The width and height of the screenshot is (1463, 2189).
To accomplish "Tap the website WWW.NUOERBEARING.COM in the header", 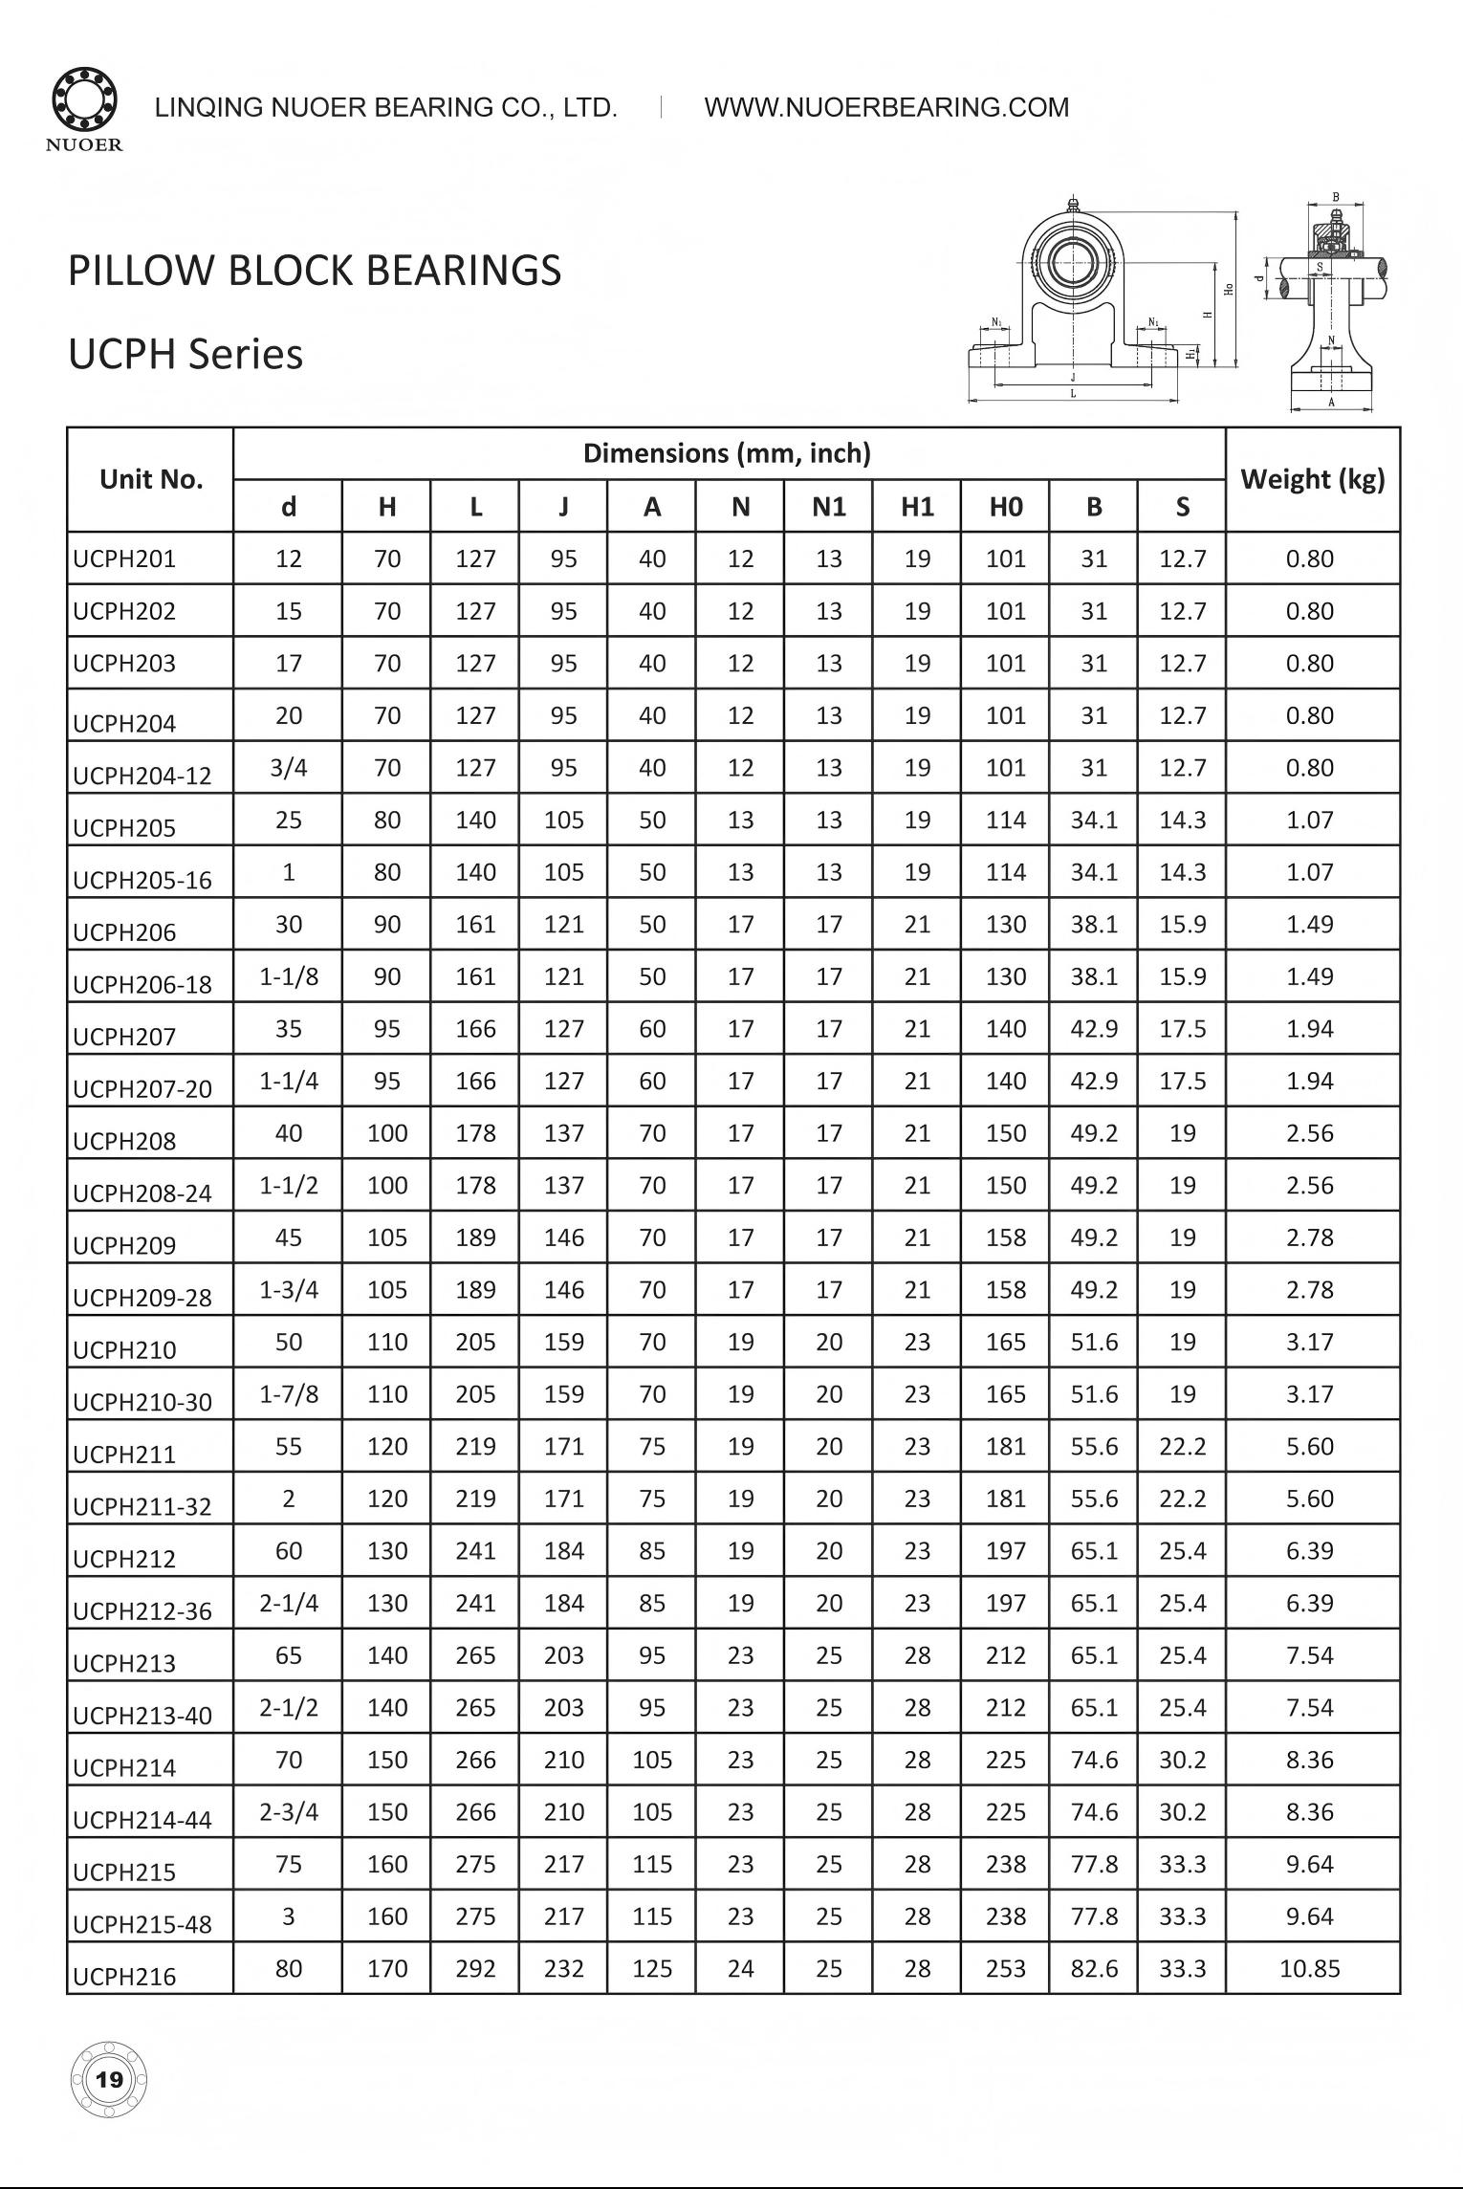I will [x=886, y=108].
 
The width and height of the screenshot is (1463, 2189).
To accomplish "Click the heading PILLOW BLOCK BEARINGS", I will [x=315, y=271].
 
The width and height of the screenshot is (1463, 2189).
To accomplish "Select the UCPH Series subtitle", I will [x=186, y=354].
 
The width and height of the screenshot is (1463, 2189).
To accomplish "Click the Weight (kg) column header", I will [x=1312, y=479].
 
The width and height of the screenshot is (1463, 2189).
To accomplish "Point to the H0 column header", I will [x=1005, y=507].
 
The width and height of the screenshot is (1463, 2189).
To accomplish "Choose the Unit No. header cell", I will [x=151, y=479].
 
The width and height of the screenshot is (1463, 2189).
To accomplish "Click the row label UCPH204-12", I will [x=142, y=776].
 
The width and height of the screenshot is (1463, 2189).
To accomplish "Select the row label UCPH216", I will [x=124, y=1976].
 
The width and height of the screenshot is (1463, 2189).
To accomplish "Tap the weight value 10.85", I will [x=1309, y=1968].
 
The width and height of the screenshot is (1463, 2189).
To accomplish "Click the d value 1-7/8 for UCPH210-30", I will [x=289, y=1393].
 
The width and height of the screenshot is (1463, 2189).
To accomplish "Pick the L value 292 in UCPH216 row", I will [x=475, y=1968].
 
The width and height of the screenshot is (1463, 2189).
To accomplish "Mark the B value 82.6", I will [x=1094, y=1968].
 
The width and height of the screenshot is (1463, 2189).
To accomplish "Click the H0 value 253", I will [x=1005, y=1968].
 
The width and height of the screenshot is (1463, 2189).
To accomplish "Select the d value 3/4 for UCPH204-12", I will [x=289, y=767].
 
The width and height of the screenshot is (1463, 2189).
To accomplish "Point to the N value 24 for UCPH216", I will [x=740, y=1968].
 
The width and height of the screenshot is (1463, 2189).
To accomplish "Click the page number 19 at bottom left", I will [x=110, y=2079].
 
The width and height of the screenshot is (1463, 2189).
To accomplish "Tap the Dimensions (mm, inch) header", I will [x=727, y=453].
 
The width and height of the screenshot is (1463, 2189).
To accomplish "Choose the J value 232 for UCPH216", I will [x=563, y=1968].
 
